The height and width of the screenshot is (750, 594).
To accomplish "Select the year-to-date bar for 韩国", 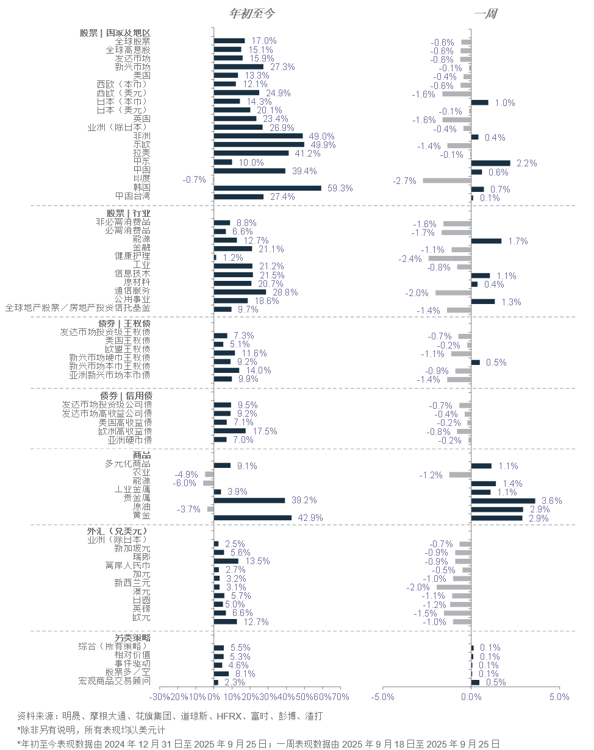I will click(267, 188).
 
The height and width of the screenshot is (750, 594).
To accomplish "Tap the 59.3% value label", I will click(340, 188).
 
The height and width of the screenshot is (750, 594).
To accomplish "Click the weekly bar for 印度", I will click(446, 180).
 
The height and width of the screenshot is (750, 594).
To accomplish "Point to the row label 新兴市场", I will click(132, 67).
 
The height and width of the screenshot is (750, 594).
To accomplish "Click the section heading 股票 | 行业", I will click(128, 213).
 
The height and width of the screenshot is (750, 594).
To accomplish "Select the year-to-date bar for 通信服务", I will click(240, 292).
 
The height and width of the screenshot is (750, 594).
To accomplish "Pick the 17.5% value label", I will click(265, 431).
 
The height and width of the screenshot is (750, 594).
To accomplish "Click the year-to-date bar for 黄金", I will click(252, 518).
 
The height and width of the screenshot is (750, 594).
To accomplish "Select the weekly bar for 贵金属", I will click(503, 501).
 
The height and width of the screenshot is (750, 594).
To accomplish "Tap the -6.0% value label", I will click(186, 483).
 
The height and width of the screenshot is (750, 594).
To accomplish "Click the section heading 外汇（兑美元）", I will click(117, 531).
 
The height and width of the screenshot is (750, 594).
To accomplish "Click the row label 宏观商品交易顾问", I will click(114, 681).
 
